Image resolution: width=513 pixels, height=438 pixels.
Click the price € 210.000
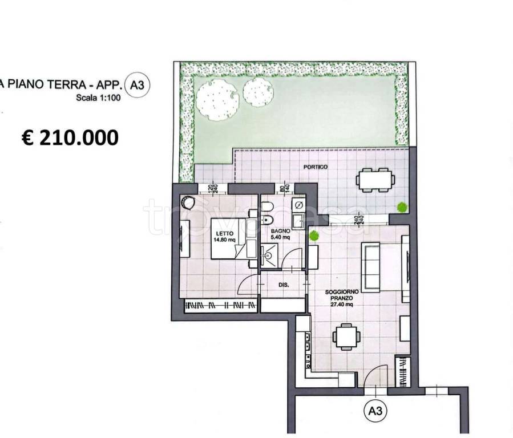pos(70,137)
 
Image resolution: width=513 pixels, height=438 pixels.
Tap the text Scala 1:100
pos(98,98)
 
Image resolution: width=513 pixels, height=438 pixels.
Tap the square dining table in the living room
pos(346,336)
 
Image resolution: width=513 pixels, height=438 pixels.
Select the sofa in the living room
pos(372,266)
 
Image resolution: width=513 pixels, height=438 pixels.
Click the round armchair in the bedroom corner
pos(188,203)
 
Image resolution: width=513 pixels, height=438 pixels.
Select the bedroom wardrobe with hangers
pos(220,306)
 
